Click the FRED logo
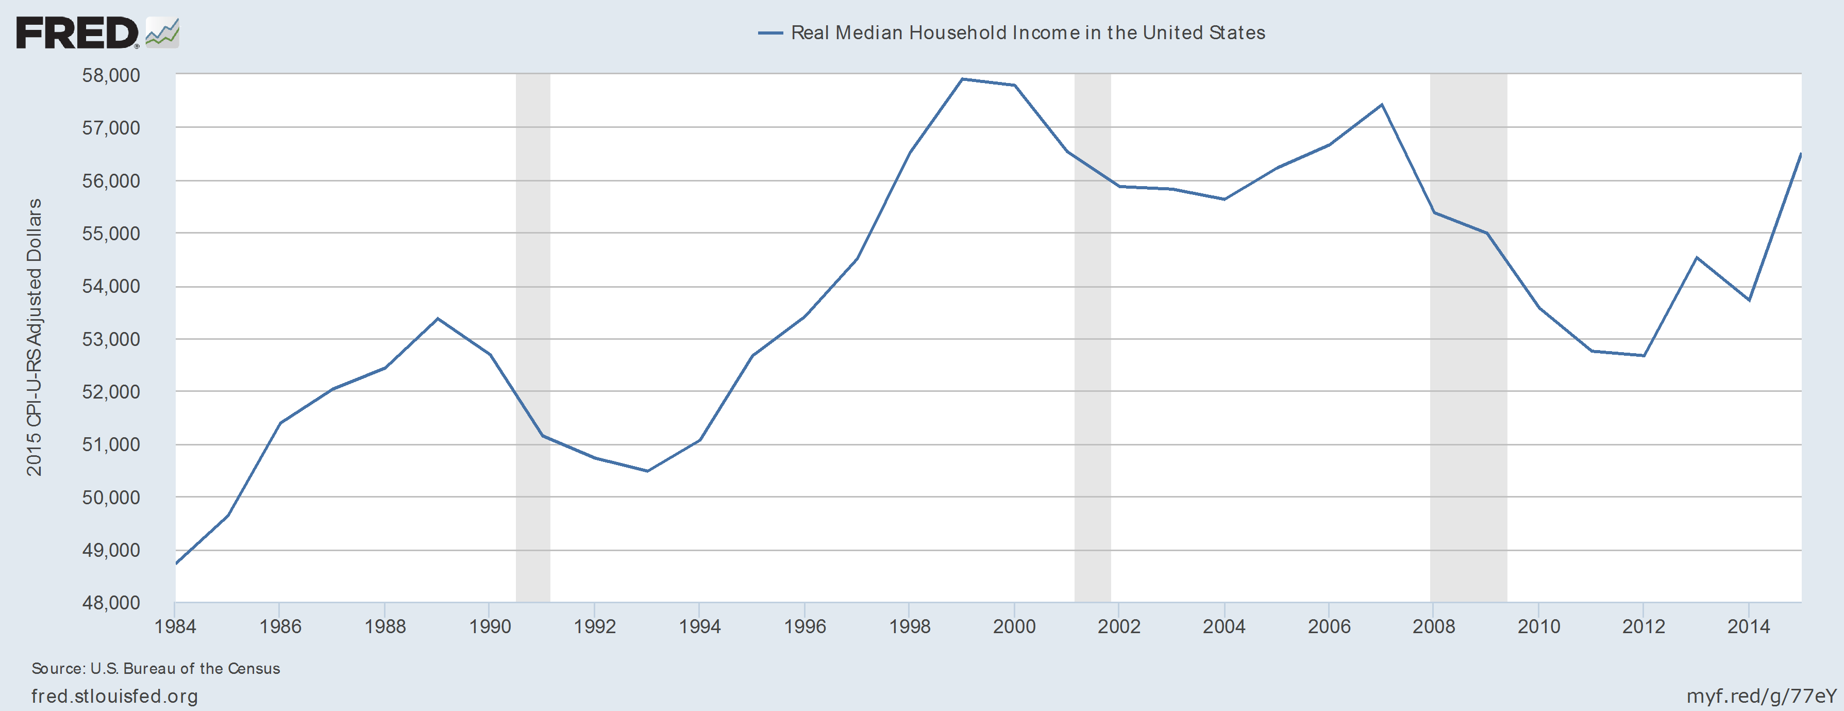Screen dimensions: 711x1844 click(x=97, y=33)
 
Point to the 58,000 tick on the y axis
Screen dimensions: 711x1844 click(x=111, y=75)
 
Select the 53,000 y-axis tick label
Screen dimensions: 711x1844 click(x=111, y=339)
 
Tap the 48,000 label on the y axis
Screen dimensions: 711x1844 click(x=111, y=603)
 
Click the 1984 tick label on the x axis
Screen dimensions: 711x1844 click(x=175, y=626)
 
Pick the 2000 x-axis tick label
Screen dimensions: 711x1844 click(x=1014, y=626)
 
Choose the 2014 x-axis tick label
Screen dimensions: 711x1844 click(x=1748, y=626)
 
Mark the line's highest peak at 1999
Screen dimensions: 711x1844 click(x=962, y=79)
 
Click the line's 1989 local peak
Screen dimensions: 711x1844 click(x=438, y=319)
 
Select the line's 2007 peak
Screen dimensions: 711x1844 click(x=1382, y=105)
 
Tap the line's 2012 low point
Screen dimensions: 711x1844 click(x=1644, y=356)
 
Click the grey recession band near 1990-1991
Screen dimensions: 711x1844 click(x=532, y=337)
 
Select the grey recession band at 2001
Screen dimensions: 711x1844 click(x=1093, y=337)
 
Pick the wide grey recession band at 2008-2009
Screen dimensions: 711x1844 click(x=1468, y=337)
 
